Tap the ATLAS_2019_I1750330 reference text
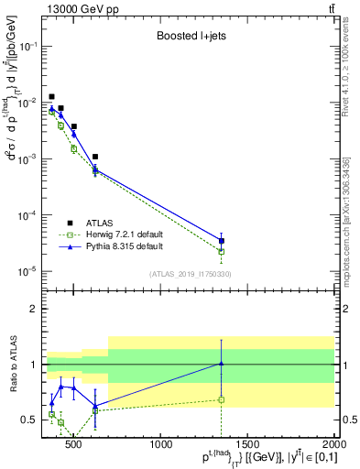(190, 274)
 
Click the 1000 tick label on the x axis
(162, 444)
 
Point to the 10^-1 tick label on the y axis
(27, 46)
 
